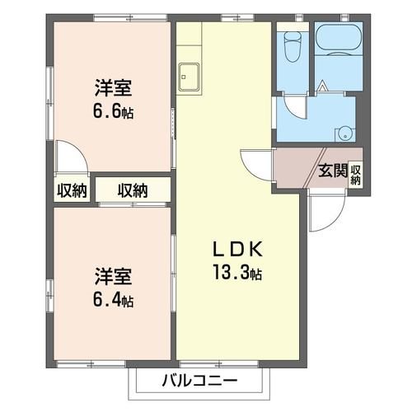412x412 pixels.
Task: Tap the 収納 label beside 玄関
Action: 355,174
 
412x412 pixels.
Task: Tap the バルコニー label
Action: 199,381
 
